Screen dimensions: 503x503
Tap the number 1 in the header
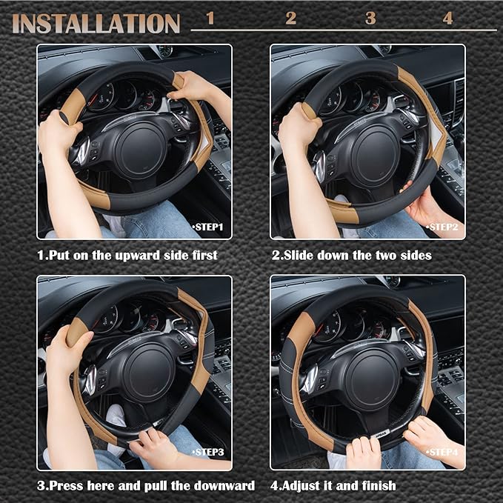pyautogui.click(x=210, y=18)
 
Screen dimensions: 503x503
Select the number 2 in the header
pyautogui.click(x=290, y=18)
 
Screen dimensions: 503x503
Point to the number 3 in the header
pyautogui.click(x=370, y=18)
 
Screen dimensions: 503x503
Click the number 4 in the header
pyautogui.click(x=447, y=18)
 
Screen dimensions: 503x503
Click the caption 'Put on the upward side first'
pyautogui.click(x=127, y=255)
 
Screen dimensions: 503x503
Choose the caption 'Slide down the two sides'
pyautogui.click(x=351, y=255)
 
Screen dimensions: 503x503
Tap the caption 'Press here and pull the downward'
pyautogui.click(x=146, y=485)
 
